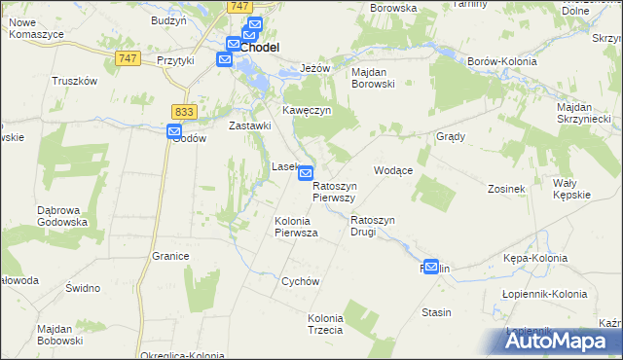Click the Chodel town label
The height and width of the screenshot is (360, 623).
coord(260,47)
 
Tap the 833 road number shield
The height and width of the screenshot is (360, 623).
coord(184,112)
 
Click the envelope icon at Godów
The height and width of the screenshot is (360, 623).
coord(174,132)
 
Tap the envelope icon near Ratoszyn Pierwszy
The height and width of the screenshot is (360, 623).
coord(306,173)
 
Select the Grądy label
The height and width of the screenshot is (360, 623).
coord(451,136)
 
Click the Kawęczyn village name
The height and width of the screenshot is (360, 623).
coord(308,111)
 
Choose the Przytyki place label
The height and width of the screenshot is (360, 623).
coord(176,59)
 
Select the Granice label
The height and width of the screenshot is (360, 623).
coord(169,256)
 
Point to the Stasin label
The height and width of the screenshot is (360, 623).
coord(436,312)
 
